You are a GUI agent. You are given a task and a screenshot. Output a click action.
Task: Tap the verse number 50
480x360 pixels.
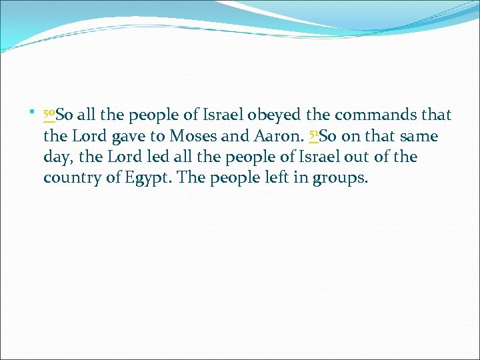click(x=49, y=115)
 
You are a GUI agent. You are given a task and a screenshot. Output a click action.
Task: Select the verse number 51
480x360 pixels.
click(x=314, y=135)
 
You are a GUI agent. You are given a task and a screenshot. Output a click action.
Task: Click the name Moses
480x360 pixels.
click(x=193, y=137)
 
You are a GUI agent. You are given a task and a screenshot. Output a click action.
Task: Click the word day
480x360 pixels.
click(x=55, y=158)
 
